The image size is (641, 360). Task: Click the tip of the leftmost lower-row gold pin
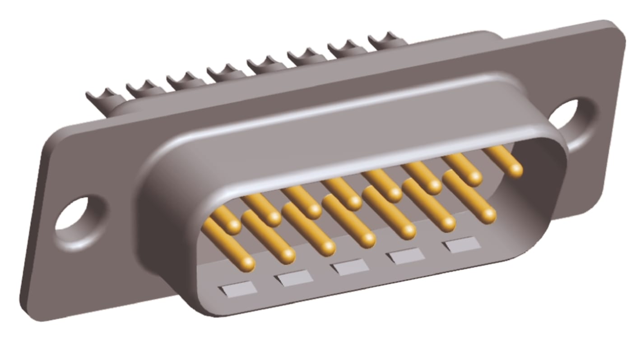pyautogui.click(x=246, y=263)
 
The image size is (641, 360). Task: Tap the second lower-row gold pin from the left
pyautogui.click(x=287, y=255)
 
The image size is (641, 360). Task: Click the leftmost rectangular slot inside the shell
pyautogui.click(x=237, y=288)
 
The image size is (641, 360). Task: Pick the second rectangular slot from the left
pyautogui.click(x=294, y=277)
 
